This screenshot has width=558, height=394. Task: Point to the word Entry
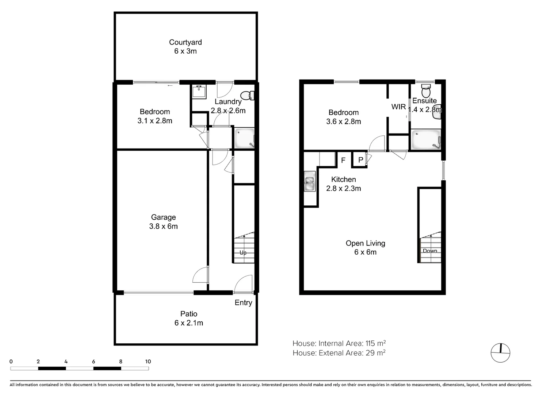tap(243, 303)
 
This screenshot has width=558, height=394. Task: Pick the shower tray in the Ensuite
tap(426, 139)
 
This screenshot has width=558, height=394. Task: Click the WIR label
tap(398, 107)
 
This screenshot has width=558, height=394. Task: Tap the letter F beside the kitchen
tap(343, 160)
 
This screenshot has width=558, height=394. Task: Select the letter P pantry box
tap(360, 160)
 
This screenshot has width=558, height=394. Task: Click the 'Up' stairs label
tap(243, 252)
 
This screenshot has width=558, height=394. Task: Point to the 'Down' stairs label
tap(430, 251)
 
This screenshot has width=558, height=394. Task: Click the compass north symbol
tap(500, 353)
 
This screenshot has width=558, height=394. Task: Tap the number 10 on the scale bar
tap(148, 362)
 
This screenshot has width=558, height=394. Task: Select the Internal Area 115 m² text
tap(339, 343)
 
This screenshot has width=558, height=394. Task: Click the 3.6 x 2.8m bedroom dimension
tap(343, 122)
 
